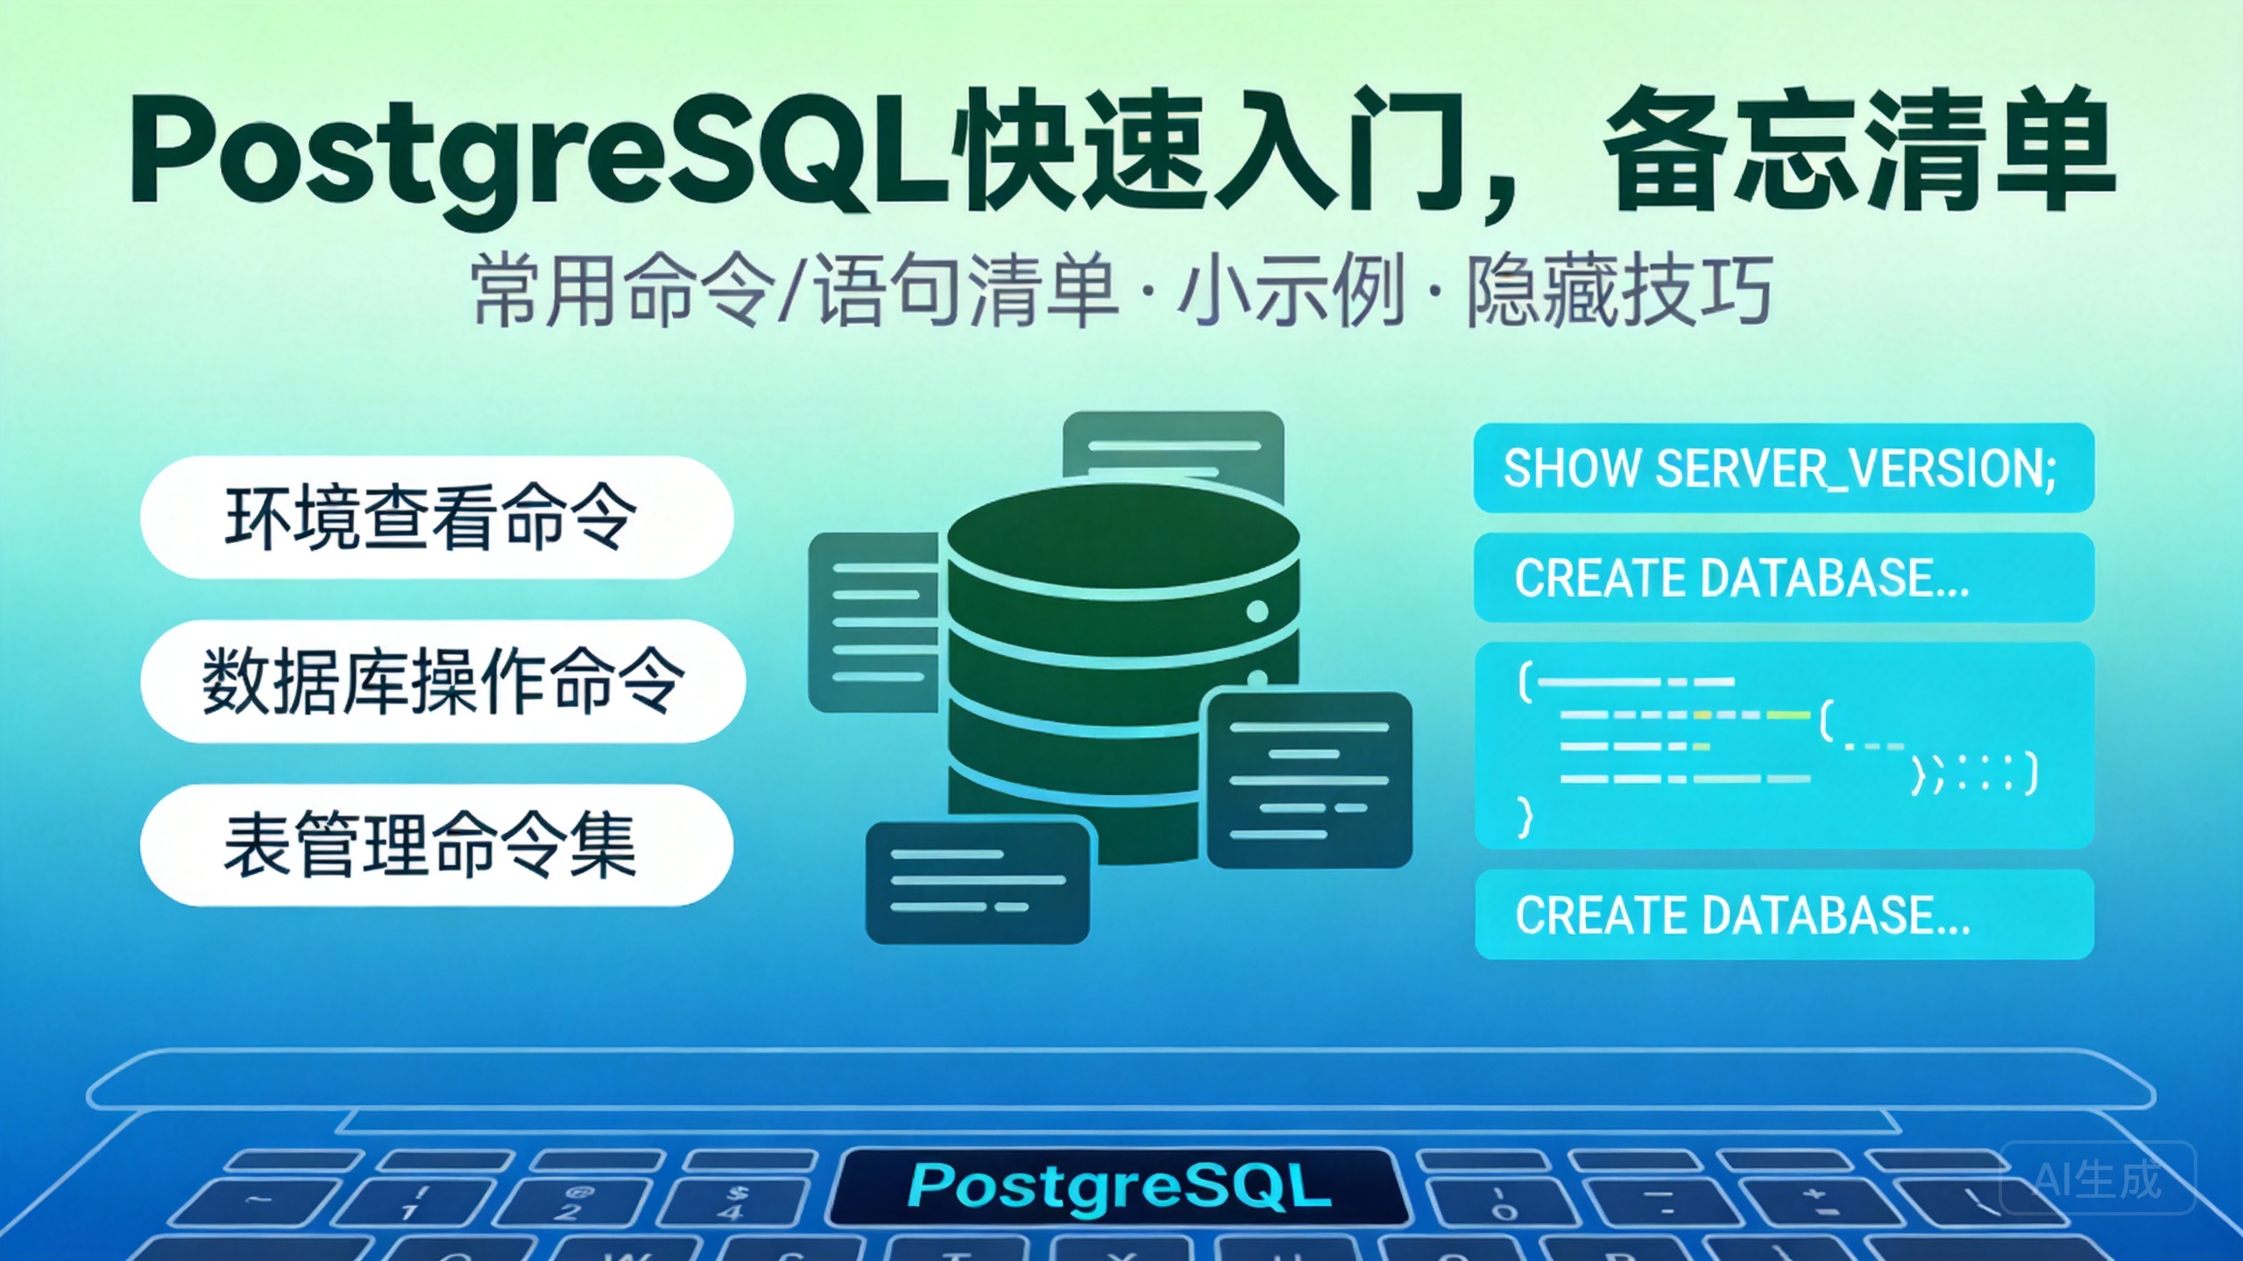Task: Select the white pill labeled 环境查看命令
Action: click(435, 517)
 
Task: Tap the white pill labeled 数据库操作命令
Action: click(442, 681)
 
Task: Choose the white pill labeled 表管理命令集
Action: click(435, 845)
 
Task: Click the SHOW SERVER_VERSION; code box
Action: click(1783, 468)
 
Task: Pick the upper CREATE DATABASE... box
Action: click(1783, 578)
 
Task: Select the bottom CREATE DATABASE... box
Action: click(1783, 915)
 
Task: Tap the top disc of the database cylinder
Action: click(1121, 534)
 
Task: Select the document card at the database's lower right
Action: click(1309, 779)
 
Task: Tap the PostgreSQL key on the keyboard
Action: click(1118, 1187)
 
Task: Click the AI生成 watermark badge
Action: click(2097, 1179)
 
